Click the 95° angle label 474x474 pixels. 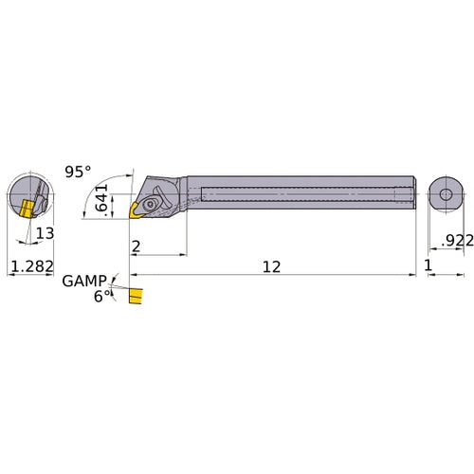click(79, 172)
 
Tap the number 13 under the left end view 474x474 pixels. click(45, 234)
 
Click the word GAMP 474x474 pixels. click(82, 282)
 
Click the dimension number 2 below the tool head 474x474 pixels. click(137, 246)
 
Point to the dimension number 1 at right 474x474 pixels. click(429, 268)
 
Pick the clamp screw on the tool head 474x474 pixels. click(152, 201)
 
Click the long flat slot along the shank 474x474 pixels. click(303, 194)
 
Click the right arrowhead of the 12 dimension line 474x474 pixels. click(413, 275)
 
